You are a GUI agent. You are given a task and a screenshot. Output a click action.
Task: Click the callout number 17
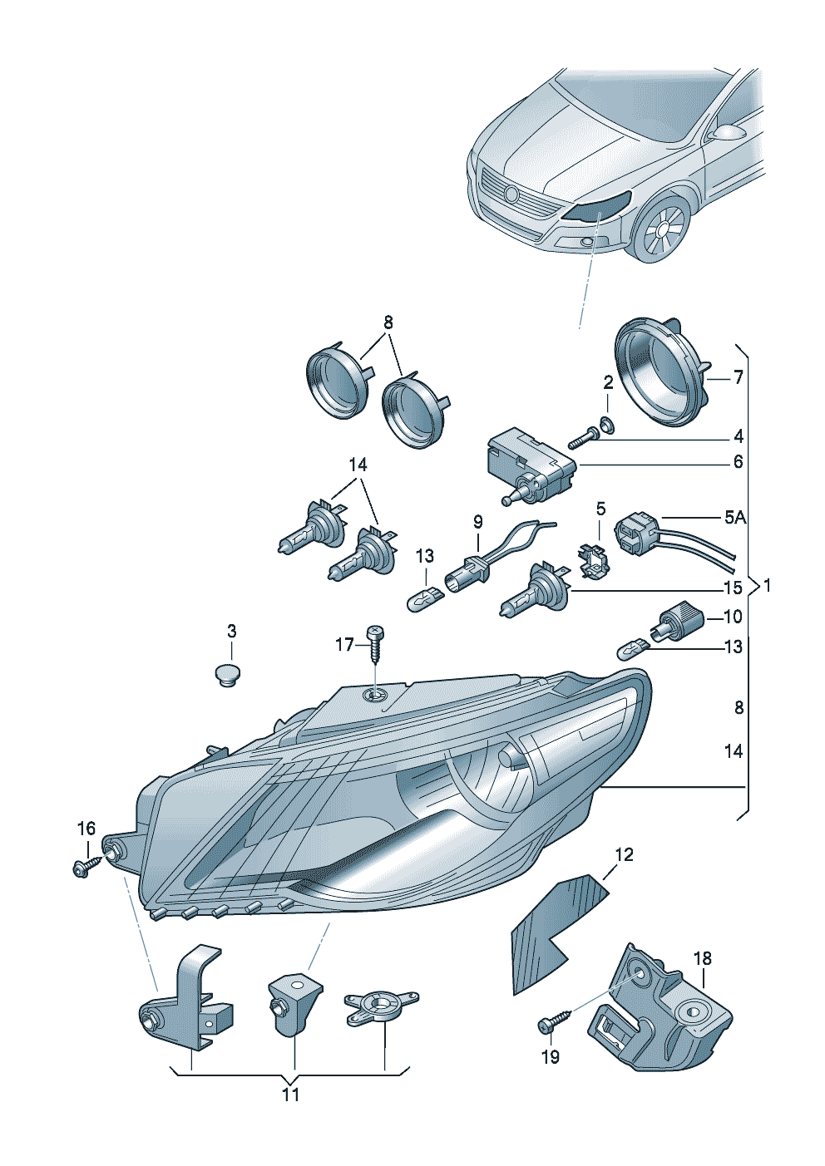click(x=344, y=644)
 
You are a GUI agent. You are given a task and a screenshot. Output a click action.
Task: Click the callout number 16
click(x=86, y=829)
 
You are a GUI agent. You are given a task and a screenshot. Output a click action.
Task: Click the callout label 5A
click(x=734, y=518)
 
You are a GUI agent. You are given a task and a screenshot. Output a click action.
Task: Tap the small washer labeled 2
click(x=607, y=426)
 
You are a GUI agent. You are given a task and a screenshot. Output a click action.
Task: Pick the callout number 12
click(x=624, y=854)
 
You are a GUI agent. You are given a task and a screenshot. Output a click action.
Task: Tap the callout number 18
click(x=703, y=958)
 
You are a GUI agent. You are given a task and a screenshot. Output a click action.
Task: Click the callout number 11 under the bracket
click(x=289, y=1095)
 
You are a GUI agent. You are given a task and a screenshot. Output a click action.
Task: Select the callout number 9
click(x=478, y=522)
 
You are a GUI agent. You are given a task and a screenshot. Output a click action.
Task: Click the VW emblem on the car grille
click(x=511, y=194)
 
